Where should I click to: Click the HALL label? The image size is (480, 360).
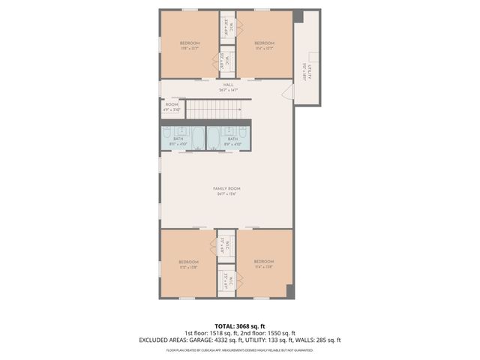point(226,85)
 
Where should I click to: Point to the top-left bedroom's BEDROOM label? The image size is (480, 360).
point(190,43)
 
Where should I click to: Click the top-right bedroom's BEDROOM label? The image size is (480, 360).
point(264,43)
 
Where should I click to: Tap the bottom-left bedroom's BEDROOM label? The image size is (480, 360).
point(189,262)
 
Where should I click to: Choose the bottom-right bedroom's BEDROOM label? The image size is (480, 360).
point(264,262)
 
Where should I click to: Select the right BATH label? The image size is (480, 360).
point(232,139)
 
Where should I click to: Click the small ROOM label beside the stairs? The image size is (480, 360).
point(172,105)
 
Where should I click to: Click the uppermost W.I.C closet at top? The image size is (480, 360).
point(227,28)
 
